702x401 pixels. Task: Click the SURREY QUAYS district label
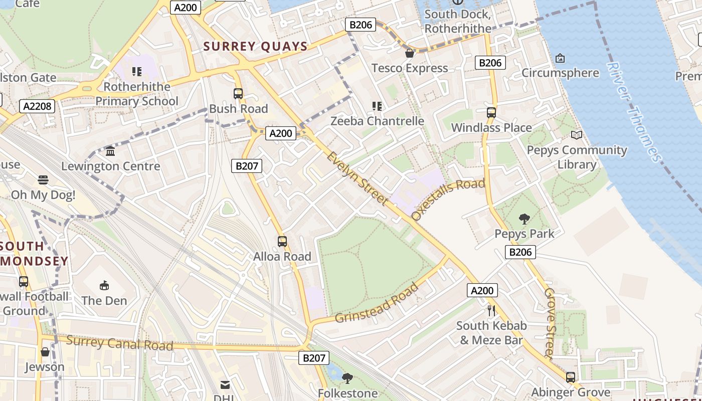[x=255, y=47]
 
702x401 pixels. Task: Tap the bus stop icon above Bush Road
[x=238, y=94]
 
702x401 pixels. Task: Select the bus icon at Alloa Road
[x=282, y=242]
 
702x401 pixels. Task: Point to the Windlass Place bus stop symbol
[x=491, y=113]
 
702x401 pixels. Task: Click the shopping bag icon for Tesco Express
[x=410, y=53]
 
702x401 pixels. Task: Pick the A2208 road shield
[x=38, y=106]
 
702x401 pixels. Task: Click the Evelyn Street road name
[x=358, y=178]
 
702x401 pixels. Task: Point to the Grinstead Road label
[x=377, y=304]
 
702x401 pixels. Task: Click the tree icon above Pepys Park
[x=524, y=219]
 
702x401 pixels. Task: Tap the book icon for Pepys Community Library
[x=577, y=135]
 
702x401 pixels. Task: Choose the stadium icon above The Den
[x=104, y=286]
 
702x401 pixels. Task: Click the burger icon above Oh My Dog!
[x=43, y=180]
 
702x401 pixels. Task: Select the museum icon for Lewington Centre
[x=110, y=151]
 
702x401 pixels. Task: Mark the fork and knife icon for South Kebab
[x=491, y=311]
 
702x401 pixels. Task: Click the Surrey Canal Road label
[x=119, y=343]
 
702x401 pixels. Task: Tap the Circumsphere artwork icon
[x=560, y=58]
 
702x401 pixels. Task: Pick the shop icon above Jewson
[x=45, y=352]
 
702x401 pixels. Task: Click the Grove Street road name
[x=550, y=323]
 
